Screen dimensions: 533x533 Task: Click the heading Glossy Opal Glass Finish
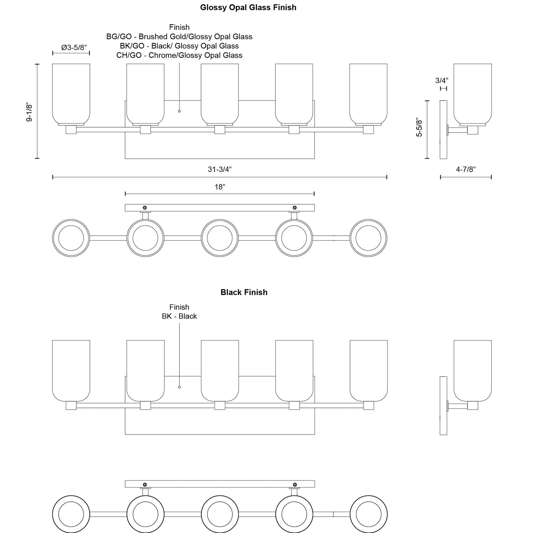point(248,7)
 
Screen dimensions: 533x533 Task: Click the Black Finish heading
point(244,292)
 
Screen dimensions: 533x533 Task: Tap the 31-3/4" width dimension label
point(220,169)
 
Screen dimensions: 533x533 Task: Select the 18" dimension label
point(220,187)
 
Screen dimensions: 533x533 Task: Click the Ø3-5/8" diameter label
point(74,48)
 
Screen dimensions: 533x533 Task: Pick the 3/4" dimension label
point(442,81)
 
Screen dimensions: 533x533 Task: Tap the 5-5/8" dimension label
point(420,128)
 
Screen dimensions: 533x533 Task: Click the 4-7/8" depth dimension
point(466,169)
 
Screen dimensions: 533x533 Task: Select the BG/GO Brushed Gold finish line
point(179,37)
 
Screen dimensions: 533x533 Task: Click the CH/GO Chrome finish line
point(179,55)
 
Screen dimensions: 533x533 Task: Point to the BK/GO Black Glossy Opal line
point(179,46)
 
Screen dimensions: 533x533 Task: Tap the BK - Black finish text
point(179,316)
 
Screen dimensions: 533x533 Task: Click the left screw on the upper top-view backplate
point(145,208)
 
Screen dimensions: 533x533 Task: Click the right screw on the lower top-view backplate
point(295,484)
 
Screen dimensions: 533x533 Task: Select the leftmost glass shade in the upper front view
point(71,94)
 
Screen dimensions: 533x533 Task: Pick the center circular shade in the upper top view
point(220,238)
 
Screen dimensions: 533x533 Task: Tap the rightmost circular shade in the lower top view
point(368,514)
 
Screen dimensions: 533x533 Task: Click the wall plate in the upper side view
point(443,130)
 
